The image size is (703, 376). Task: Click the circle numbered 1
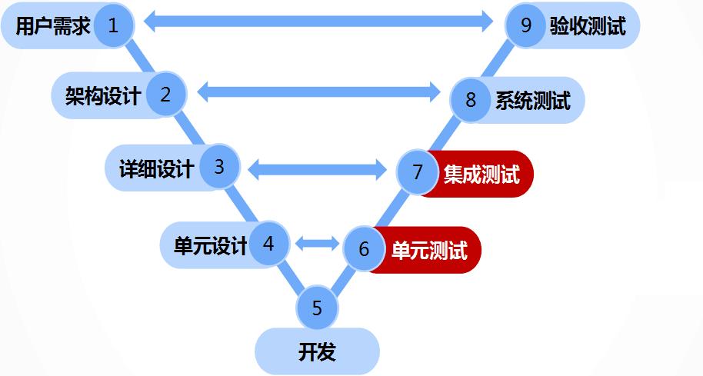(114, 25)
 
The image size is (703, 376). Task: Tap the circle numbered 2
(165, 95)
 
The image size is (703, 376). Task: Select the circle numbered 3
(219, 167)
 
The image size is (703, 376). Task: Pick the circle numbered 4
(268, 244)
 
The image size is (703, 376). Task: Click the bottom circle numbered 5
(317, 308)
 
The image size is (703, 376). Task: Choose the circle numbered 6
(364, 248)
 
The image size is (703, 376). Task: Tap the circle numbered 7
(418, 171)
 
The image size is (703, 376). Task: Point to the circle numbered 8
(471, 100)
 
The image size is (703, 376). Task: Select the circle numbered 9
(526, 25)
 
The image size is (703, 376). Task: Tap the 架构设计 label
(103, 96)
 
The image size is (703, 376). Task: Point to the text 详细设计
(157, 168)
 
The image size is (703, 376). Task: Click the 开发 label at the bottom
(317, 352)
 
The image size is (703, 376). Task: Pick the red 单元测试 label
(429, 250)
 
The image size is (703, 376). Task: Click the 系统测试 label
(532, 101)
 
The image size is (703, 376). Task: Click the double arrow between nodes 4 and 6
(317, 244)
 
